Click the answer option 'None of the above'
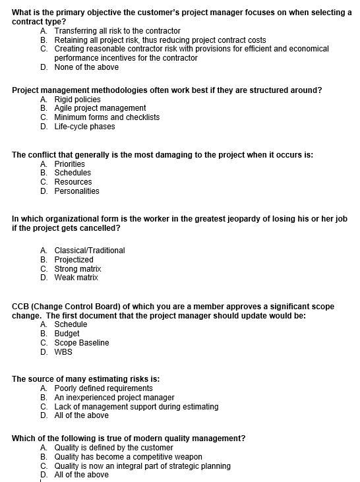point(86,67)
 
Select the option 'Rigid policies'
point(77,99)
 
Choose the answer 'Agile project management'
point(100,108)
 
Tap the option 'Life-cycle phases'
point(84,127)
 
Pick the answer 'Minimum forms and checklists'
point(107,117)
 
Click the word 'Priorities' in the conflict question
point(69,164)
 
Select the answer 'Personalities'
point(76,191)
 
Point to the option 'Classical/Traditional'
point(89,251)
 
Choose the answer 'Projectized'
point(74,260)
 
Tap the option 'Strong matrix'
point(78,269)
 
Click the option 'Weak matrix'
point(76,278)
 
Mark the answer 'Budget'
point(67,334)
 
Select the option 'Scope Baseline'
point(82,343)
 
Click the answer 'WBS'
point(63,352)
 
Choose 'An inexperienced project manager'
point(114,398)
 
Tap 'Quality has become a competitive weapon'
point(128,457)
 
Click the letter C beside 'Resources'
point(44,182)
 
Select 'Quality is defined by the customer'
point(117,448)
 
